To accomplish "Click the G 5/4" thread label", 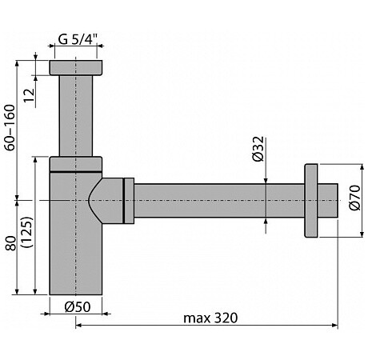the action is click(x=76, y=40).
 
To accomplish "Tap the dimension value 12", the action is click(x=29, y=95).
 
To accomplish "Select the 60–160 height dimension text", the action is click(x=10, y=127).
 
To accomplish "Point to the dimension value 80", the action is click(x=11, y=242).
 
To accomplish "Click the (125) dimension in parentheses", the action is click(x=28, y=232).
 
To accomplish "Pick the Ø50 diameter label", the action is click(x=78, y=307).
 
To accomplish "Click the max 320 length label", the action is click(x=210, y=318).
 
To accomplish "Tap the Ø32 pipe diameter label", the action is click(x=258, y=149).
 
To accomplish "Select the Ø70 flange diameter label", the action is click(x=354, y=198).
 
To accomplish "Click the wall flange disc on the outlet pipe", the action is click(x=311, y=201).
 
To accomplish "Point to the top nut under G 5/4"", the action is click(x=76, y=67).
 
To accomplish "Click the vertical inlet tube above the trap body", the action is click(x=76, y=116).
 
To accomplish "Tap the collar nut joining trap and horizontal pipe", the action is click(x=129, y=201).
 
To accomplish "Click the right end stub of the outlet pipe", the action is click(x=328, y=201).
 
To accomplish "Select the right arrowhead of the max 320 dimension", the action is click(x=334, y=325).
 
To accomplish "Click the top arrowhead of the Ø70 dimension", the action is click(x=362, y=167).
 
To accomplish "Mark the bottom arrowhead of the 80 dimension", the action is click(x=17, y=291).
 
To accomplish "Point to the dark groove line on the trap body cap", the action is click(x=76, y=171).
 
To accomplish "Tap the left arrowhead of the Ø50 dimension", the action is click(x=46, y=314).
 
